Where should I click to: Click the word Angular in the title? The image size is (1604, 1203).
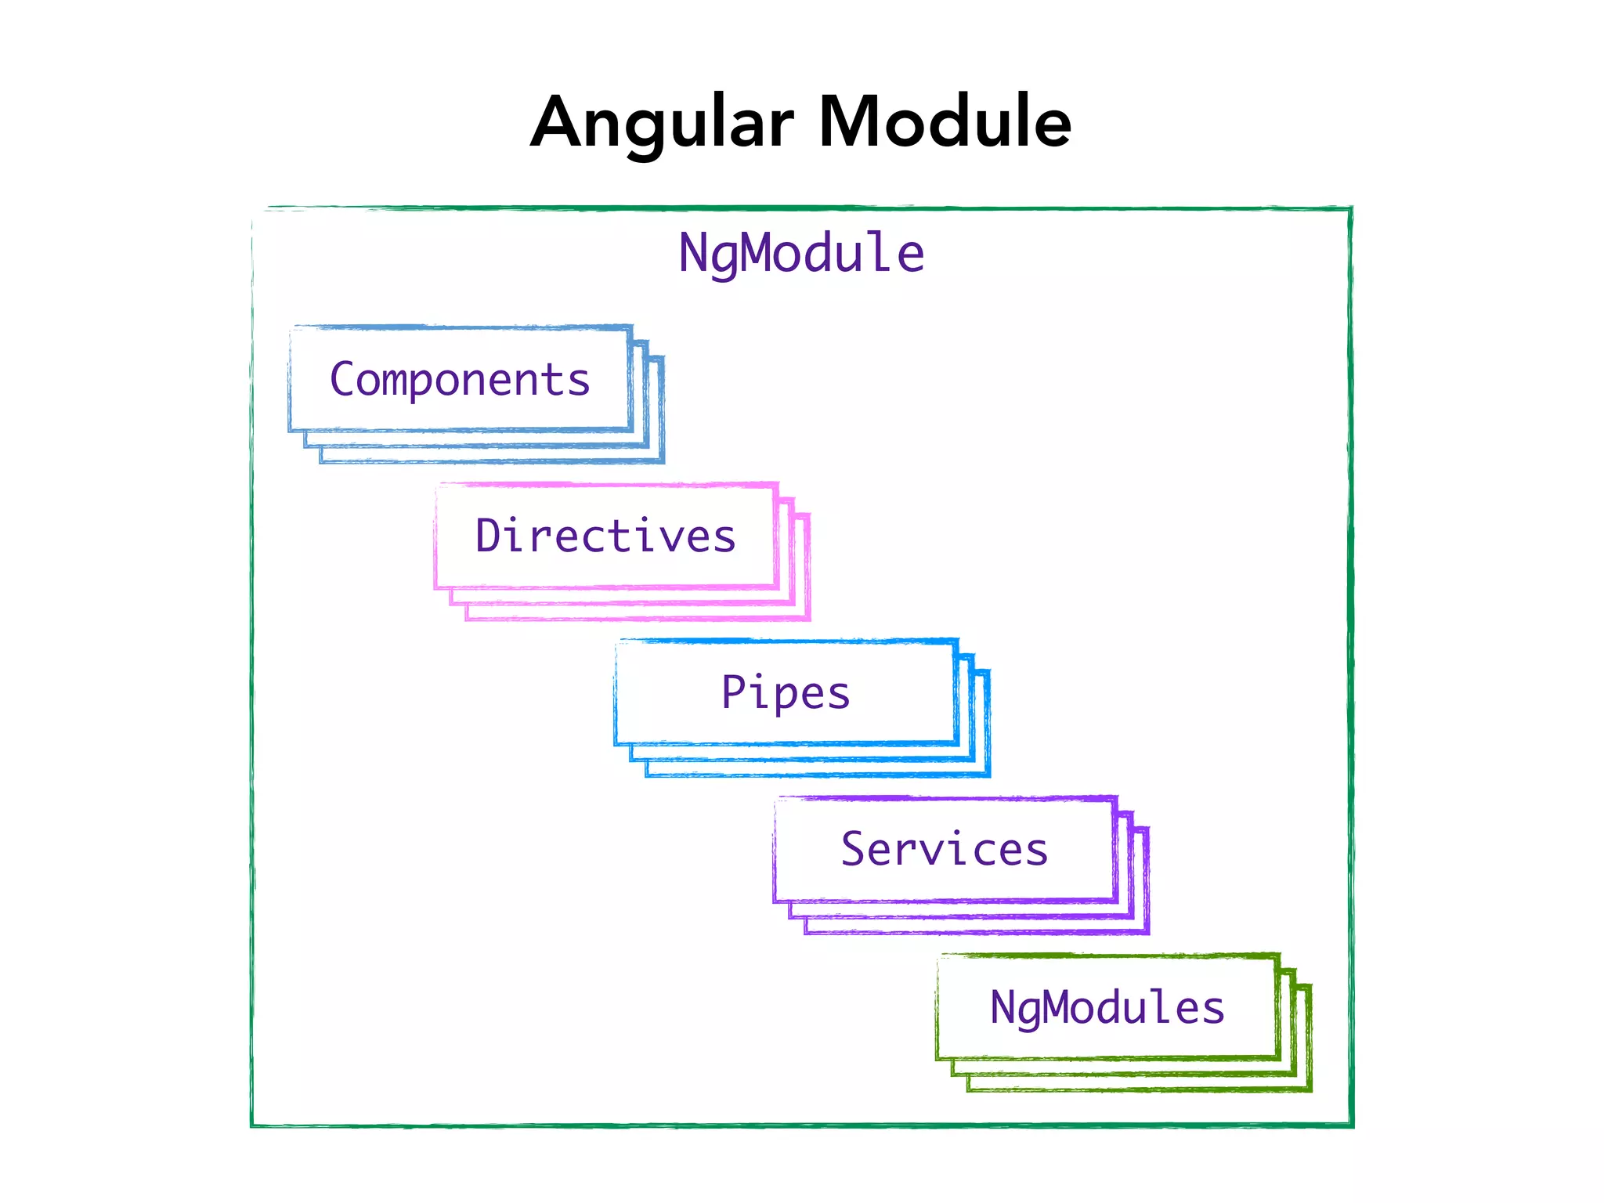point(663,124)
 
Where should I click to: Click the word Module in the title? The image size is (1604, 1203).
point(945,122)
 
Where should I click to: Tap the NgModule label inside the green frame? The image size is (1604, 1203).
point(801,253)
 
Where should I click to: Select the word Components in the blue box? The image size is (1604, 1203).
point(460,380)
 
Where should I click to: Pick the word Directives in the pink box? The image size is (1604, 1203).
point(605,536)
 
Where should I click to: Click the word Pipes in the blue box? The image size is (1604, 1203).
point(786,692)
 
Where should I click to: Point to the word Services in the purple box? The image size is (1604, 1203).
point(945,849)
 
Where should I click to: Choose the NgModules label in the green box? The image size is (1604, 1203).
point(1107,1007)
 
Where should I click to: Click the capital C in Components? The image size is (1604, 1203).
point(343,379)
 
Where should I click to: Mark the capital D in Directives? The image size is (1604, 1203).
point(490,536)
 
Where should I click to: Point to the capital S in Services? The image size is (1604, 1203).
point(854,849)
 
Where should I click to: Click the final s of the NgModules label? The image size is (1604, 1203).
point(1214,1009)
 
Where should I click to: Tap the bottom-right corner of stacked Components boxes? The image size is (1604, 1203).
point(663,461)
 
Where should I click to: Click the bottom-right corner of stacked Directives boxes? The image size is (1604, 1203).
point(808,619)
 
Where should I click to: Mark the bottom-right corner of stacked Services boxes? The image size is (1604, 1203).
point(1147,932)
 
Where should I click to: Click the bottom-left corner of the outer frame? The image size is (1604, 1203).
point(252,1125)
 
